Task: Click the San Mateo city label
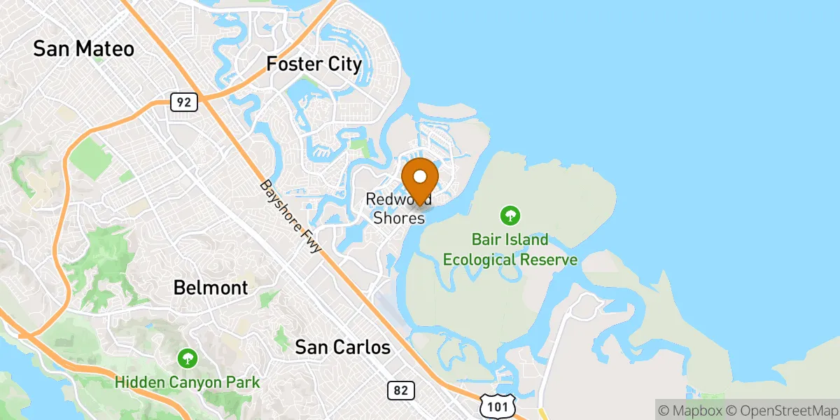(83, 49)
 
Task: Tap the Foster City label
(314, 65)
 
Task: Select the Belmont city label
(210, 288)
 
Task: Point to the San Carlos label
(342, 346)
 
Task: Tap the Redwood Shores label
(398, 209)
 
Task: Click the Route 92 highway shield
(183, 102)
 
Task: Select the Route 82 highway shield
(400, 391)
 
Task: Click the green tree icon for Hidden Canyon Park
(187, 358)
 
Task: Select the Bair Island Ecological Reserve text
(510, 250)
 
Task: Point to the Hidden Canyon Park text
(187, 383)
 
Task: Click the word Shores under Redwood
(398, 218)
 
